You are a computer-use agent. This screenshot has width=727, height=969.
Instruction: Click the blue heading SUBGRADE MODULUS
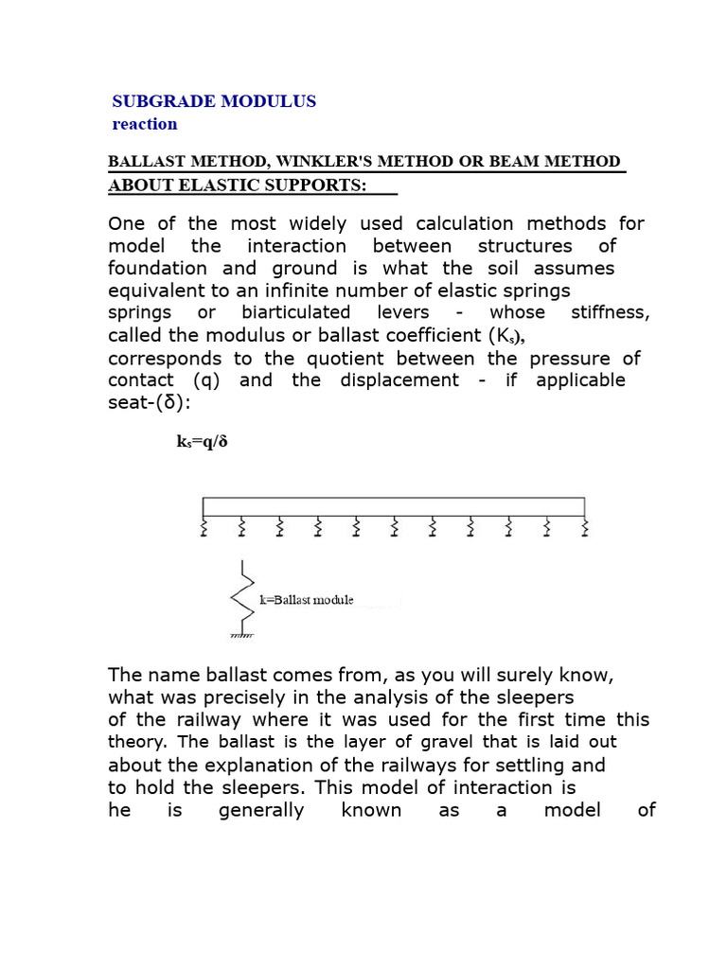coord(214,101)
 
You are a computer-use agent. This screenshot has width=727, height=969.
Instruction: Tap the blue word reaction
coord(144,124)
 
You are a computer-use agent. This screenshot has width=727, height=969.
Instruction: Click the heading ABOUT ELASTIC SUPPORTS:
coord(238,185)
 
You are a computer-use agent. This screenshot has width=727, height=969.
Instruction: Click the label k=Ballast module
coord(306,600)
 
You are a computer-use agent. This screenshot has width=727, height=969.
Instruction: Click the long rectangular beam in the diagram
coord(394,506)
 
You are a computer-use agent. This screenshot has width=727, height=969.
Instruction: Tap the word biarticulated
coord(295,312)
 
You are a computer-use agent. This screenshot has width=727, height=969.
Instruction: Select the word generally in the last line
coord(261,810)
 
